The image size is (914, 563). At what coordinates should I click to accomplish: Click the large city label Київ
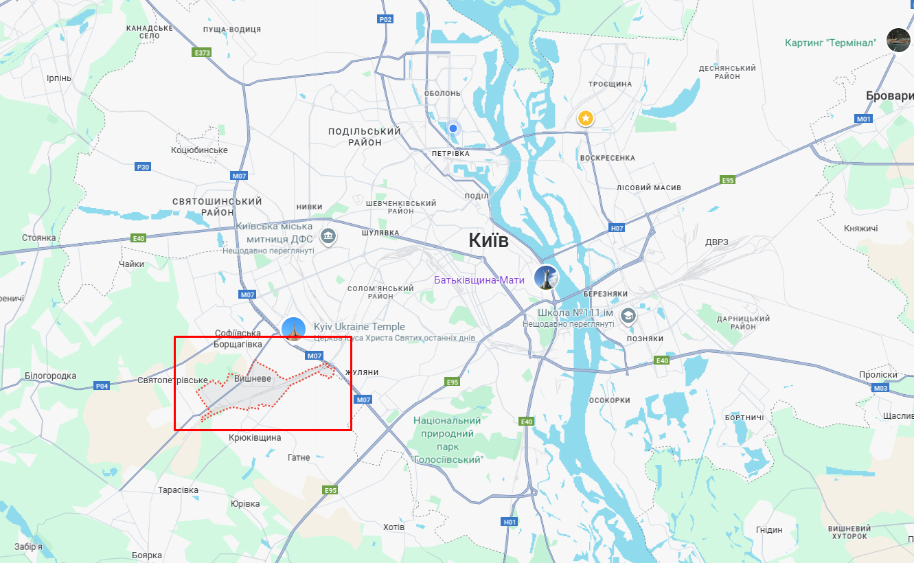click(x=488, y=240)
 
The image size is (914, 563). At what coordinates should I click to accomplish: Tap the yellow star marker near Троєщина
click(x=585, y=119)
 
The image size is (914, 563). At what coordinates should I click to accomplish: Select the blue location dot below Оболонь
click(x=453, y=128)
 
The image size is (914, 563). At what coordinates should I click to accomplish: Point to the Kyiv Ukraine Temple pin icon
click(x=294, y=330)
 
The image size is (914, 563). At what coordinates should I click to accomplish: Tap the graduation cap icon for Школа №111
click(x=627, y=316)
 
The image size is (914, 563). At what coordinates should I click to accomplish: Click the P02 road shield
click(x=386, y=19)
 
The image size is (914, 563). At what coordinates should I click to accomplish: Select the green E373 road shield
click(x=202, y=52)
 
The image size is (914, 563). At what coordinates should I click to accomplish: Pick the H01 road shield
click(x=510, y=522)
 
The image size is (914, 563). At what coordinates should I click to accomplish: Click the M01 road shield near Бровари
click(x=863, y=119)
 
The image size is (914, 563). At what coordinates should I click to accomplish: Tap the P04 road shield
click(x=102, y=386)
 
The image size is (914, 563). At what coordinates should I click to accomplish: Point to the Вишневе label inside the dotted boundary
click(x=253, y=379)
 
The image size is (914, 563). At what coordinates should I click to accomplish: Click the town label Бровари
click(x=889, y=96)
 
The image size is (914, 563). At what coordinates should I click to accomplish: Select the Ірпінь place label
click(x=58, y=78)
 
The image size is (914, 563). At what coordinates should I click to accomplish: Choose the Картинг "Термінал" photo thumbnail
click(x=898, y=40)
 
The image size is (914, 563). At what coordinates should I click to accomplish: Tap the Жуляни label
click(x=362, y=372)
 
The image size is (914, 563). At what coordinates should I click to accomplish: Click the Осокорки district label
click(x=610, y=400)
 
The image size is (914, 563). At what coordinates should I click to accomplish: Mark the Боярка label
click(x=146, y=555)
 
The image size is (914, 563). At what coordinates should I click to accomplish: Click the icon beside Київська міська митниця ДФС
click(x=328, y=236)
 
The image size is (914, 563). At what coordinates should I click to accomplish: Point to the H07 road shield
click(x=617, y=227)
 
